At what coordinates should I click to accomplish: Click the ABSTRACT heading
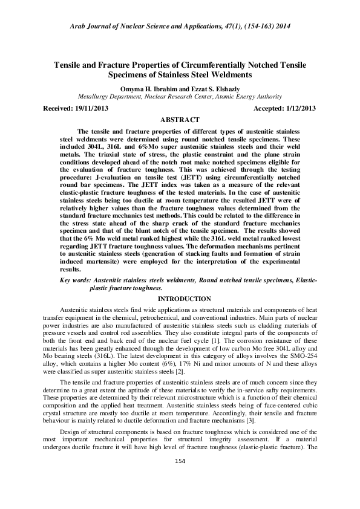[180, 120]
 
